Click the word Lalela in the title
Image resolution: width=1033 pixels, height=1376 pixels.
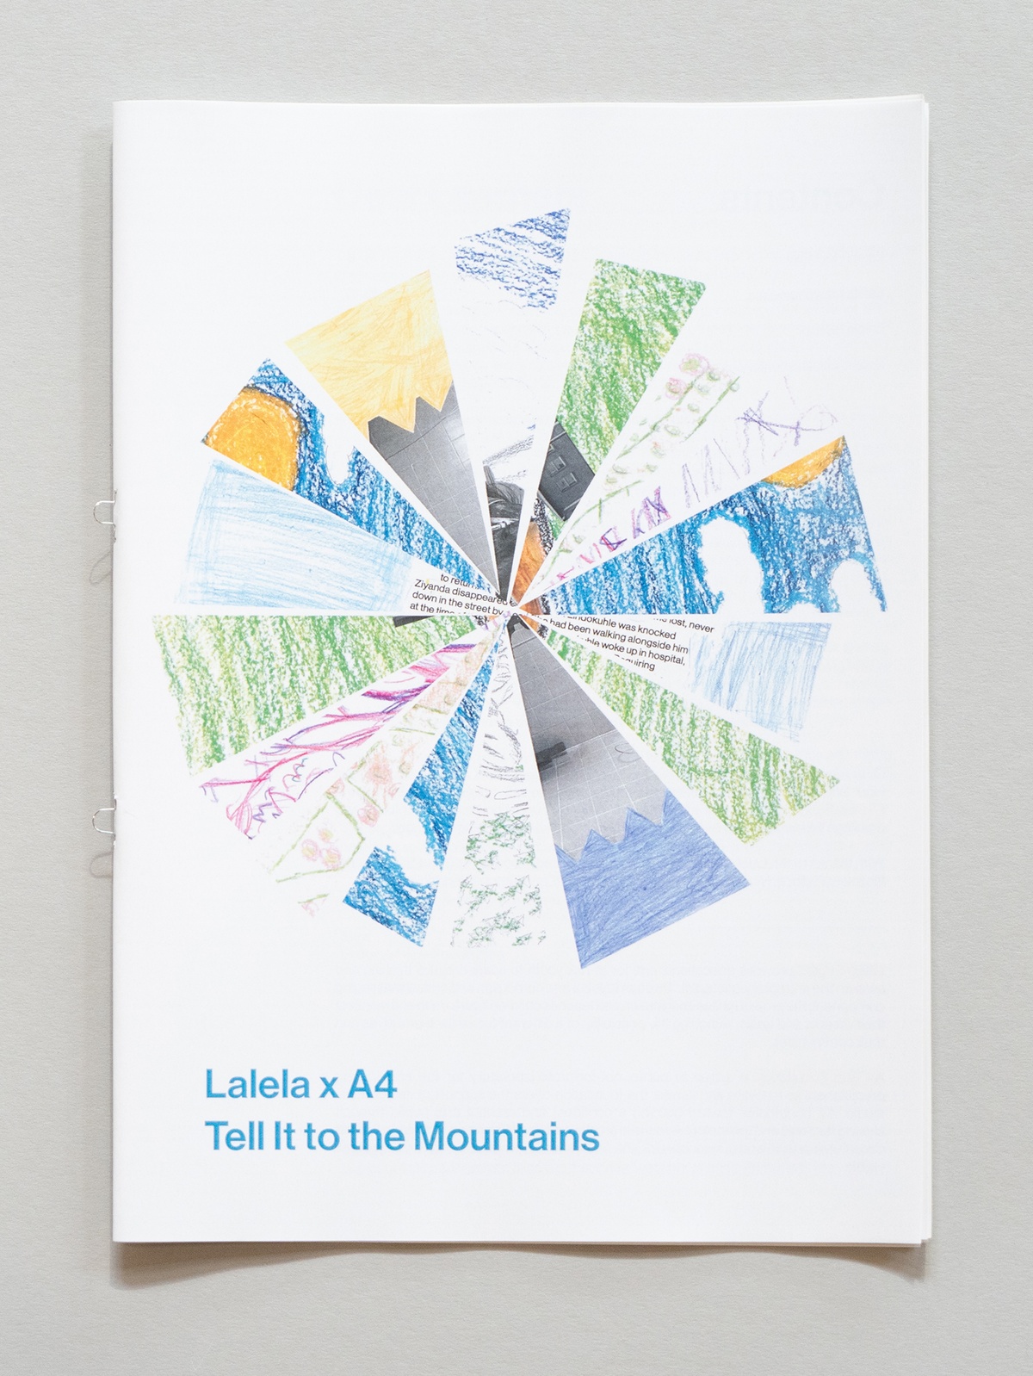255,1085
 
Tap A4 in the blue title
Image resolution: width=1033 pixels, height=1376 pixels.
371,1085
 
